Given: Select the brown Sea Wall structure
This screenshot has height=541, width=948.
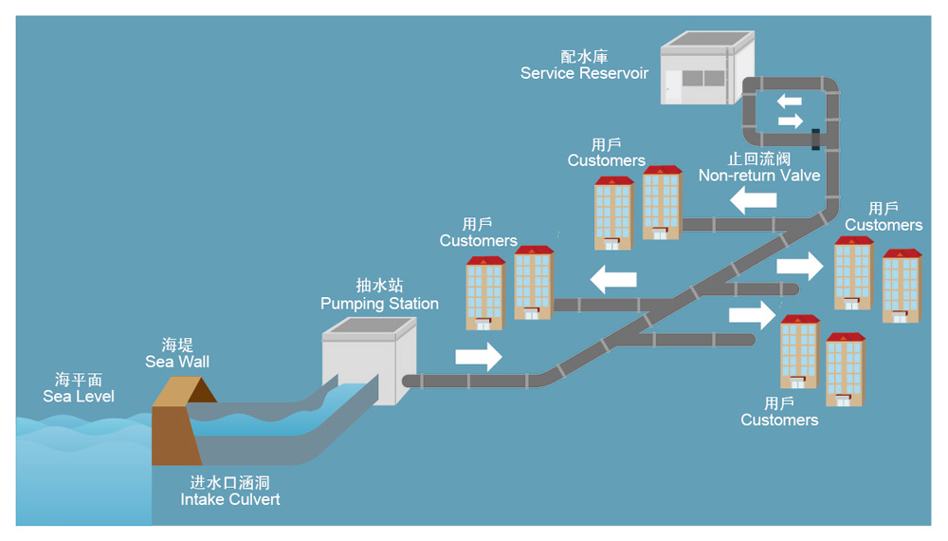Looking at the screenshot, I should pyautogui.click(x=175, y=418).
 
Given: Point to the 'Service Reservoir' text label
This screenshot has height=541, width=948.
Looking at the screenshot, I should pyautogui.click(x=584, y=73).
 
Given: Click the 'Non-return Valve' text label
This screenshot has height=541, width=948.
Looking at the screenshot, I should pyautogui.click(x=758, y=176).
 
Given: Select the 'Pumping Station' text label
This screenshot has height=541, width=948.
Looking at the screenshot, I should pyautogui.click(x=379, y=304).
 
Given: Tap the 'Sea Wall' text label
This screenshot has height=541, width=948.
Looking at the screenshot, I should pyautogui.click(x=177, y=362).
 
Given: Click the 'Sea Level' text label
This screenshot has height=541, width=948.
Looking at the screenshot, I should pyautogui.click(x=79, y=396).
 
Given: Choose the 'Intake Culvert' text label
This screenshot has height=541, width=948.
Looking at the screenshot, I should pyautogui.click(x=230, y=499).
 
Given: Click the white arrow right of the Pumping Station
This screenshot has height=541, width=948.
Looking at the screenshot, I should pyautogui.click(x=479, y=357).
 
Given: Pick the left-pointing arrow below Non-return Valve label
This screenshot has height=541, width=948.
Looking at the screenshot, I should pyautogui.click(x=753, y=199).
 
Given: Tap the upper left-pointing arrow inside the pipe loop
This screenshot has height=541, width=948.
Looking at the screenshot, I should pyautogui.click(x=790, y=101).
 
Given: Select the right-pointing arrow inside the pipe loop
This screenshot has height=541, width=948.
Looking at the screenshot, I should pyautogui.click(x=790, y=121).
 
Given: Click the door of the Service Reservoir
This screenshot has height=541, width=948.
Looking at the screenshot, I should pyautogui.click(x=673, y=87).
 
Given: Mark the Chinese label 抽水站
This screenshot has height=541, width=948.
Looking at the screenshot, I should pyautogui.click(x=379, y=286).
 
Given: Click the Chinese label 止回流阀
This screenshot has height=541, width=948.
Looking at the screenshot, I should pyautogui.click(x=758, y=159).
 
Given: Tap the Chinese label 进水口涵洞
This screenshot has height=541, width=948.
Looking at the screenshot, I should pyautogui.click(x=230, y=482).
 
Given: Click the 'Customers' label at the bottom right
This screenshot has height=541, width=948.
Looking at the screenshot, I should pyautogui.click(x=779, y=420).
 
